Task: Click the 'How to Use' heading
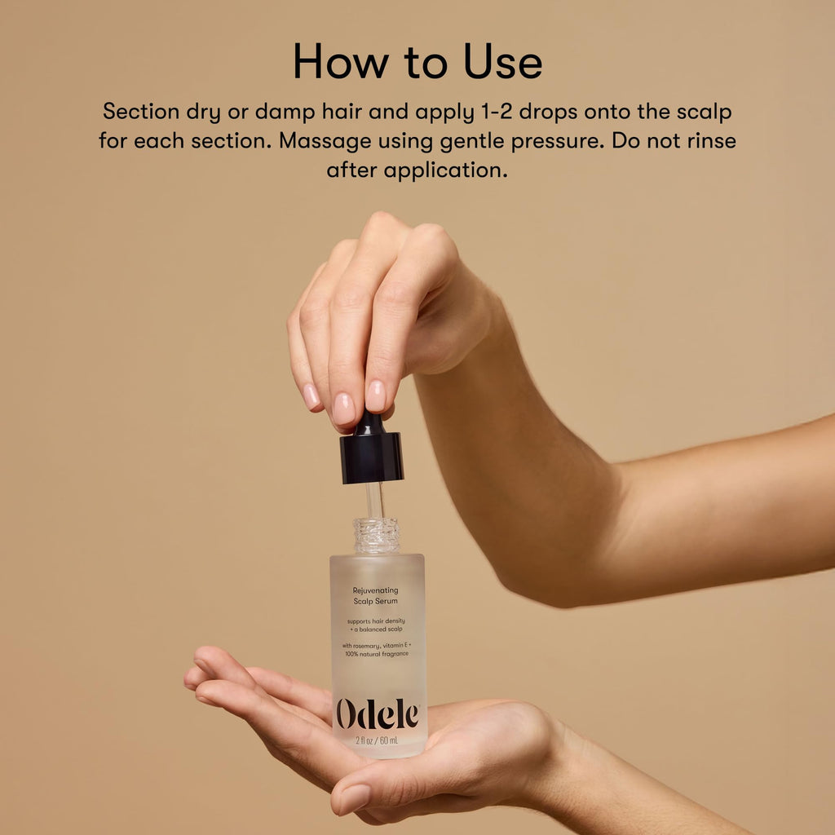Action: click(x=417, y=62)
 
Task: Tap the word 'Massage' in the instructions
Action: click(x=325, y=140)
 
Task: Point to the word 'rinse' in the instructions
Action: click(x=711, y=140)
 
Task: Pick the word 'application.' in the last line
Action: click(x=445, y=171)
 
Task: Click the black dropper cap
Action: click(x=371, y=450)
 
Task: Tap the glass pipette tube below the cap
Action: click(x=374, y=501)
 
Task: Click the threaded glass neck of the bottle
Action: click(x=377, y=535)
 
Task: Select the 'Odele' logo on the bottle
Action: click(x=378, y=714)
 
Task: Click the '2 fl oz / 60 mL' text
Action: click(x=377, y=740)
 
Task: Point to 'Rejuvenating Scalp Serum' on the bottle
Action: click(x=375, y=596)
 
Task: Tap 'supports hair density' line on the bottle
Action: click(x=376, y=621)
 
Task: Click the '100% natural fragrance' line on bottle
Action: click(x=377, y=654)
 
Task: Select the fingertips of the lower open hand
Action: click(x=200, y=672)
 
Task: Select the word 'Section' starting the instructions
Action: click(x=141, y=111)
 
